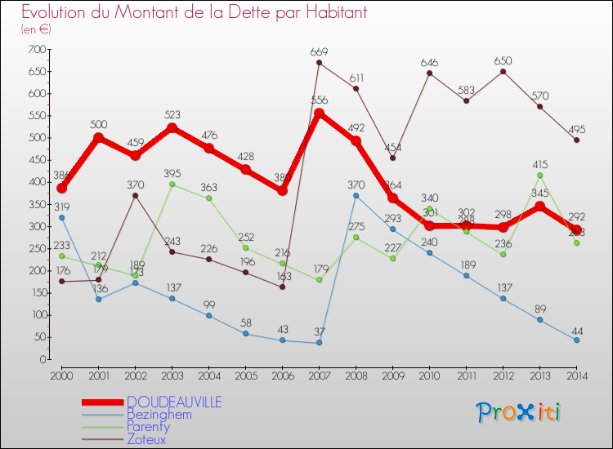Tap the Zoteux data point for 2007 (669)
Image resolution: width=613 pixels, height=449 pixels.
(319, 63)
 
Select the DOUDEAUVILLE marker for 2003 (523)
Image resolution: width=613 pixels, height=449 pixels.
(172, 127)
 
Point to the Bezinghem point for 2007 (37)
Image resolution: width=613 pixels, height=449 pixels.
(319, 343)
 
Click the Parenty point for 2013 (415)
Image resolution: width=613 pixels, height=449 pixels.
(540, 176)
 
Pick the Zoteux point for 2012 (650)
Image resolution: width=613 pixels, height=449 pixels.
(503, 71)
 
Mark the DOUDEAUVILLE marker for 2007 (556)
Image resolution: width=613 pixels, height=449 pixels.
(319, 113)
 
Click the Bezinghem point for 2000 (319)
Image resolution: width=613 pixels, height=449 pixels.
(61, 217)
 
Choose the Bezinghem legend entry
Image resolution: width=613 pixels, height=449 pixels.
(159, 414)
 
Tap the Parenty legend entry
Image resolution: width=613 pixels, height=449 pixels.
(148, 426)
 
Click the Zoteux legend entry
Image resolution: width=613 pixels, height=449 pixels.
(147, 438)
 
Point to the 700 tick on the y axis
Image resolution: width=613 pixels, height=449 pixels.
(36, 49)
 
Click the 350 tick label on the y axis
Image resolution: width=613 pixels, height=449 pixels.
(36, 204)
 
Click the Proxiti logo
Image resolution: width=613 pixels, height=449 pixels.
(520, 412)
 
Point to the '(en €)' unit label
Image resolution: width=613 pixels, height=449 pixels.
(36, 29)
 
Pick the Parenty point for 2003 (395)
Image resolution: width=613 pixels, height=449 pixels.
(172, 184)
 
